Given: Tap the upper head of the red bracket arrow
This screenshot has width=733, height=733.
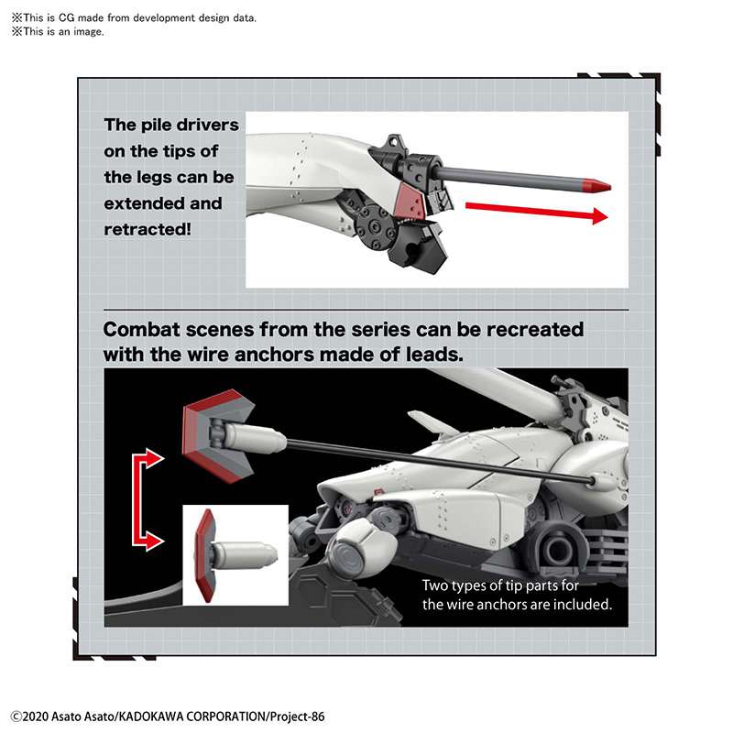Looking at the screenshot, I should pyautogui.click(x=152, y=455).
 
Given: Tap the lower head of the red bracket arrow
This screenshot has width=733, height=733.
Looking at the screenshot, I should pyautogui.click(x=152, y=542).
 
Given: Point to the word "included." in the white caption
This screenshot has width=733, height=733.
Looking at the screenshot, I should pyautogui.click(x=582, y=605).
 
